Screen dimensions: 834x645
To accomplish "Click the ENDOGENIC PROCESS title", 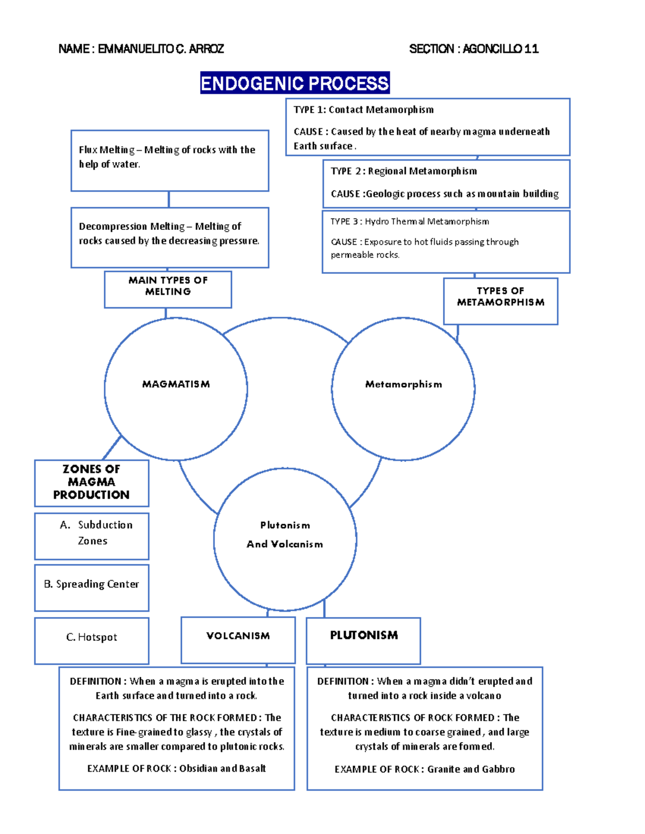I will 295,83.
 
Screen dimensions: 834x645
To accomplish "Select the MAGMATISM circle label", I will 176,384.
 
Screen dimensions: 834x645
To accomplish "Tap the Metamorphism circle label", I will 403,384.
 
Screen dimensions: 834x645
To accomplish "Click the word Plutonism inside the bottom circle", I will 285,525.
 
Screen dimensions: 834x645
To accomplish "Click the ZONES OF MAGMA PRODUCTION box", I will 91,482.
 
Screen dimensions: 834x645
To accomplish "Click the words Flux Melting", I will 106,150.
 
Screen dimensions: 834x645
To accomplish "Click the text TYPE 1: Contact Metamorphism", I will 363,110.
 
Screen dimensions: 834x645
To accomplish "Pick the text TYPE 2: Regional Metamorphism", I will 403,171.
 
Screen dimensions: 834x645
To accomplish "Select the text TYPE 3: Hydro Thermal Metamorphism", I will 410,221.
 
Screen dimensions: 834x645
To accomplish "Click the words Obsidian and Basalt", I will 223,768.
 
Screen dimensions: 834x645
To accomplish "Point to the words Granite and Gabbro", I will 471,769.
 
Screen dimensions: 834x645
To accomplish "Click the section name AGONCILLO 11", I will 500,49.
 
